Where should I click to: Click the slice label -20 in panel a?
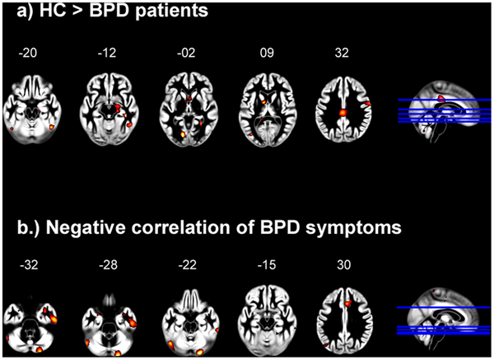(28, 53)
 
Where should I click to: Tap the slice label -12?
(107, 53)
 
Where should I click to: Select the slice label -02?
(186, 53)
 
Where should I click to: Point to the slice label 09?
(267, 53)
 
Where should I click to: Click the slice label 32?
(342, 53)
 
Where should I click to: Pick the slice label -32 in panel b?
(29, 264)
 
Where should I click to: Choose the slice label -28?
(108, 264)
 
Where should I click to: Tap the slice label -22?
(187, 264)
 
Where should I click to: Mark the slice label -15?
(267, 264)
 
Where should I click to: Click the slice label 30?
(343, 264)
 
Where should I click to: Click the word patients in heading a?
(172, 11)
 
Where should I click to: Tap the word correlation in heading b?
(184, 227)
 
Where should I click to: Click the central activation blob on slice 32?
(343, 113)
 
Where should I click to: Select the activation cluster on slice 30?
(347, 303)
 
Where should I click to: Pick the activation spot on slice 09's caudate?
(264, 101)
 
